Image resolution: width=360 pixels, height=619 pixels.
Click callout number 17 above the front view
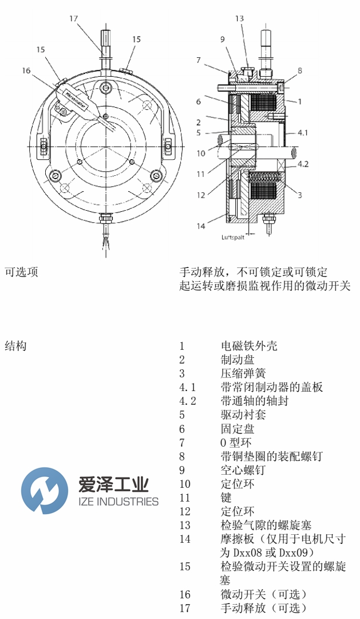73,18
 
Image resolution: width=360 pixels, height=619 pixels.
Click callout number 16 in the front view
26,70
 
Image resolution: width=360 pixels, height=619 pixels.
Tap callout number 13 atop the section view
239,19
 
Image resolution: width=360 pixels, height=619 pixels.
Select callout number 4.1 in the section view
303,133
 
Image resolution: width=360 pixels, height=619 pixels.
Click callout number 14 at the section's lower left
201,226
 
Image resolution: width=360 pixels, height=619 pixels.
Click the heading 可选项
21,272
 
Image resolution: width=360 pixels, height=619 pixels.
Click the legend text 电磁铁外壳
249,346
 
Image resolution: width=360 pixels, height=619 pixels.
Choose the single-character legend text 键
226,498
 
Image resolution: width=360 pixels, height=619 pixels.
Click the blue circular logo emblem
41,490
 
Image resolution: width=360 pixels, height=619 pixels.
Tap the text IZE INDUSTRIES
118,502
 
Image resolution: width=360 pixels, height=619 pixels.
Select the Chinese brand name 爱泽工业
113,484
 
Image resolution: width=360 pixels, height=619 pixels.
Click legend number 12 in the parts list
184,511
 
